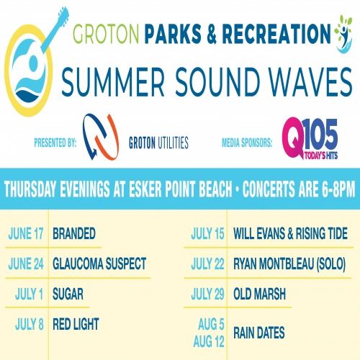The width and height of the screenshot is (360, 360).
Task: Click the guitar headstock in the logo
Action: (x=63, y=14)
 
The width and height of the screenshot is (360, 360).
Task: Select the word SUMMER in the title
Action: (x=113, y=82)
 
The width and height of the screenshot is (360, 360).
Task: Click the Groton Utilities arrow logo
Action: (x=101, y=137)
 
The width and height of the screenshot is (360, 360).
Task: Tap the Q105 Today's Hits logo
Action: (x=310, y=138)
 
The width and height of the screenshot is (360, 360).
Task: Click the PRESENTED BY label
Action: (x=55, y=143)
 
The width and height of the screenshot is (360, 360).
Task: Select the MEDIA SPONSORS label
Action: (x=247, y=143)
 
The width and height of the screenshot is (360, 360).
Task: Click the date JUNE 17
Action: (x=26, y=233)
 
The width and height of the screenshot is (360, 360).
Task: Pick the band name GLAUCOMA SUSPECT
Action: (x=99, y=264)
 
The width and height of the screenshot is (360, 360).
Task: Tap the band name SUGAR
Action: (x=68, y=294)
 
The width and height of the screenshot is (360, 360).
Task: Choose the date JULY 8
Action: (x=30, y=324)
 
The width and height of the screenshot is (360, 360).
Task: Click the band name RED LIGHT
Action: (x=76, y=324)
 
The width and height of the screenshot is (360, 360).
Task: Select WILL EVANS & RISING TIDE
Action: (x=290, y=233)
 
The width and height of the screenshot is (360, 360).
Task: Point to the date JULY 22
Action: (x=207, y=264)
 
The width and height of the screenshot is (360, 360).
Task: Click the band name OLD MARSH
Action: (x=259, y=294)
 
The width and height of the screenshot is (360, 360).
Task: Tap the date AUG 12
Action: (x=209, y=341)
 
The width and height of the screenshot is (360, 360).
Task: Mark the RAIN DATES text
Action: (x=259, y=333)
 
